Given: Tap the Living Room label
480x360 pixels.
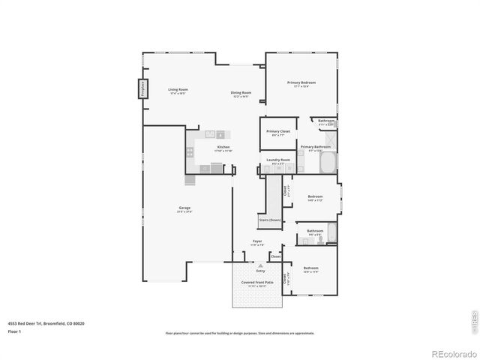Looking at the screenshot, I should [x=178, y=89].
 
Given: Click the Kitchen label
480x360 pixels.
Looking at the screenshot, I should [x=223, y=147].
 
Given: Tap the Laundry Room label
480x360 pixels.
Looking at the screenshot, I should [x=274, y=160].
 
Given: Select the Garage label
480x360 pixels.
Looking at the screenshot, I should [x=184, y=208].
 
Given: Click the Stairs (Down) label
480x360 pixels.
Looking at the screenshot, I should [x=269, y=220].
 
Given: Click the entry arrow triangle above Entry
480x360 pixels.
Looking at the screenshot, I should [x=260, y=265].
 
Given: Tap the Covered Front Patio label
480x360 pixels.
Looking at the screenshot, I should [x=257, y=283].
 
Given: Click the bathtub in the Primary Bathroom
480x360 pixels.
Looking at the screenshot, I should [x=329, y=163].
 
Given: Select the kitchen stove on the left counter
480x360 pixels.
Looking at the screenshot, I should [x=190, y=151].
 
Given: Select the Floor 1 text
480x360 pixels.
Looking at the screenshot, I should [x=14, y=331].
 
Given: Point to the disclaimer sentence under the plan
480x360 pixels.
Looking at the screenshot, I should [x=240, y=333].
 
